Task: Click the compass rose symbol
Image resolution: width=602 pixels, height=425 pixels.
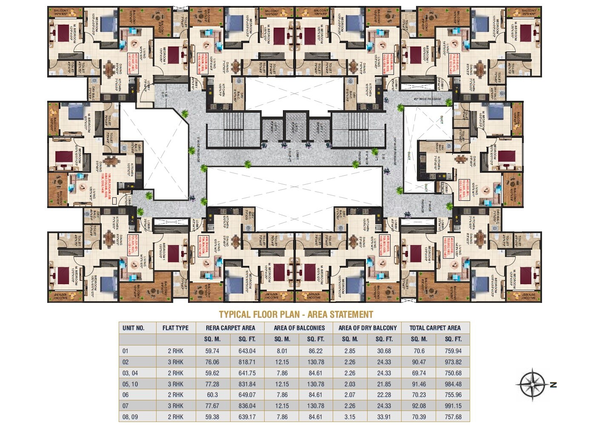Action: [x=531, y=385]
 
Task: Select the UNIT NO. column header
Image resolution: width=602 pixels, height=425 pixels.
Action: [x=134, y=328]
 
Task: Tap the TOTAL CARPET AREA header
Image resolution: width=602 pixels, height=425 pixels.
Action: [x=435, y=328]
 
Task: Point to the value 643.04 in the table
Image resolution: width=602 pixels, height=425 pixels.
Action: [x=247, y=351]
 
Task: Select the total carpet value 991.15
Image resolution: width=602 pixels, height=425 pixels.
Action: [x=453, y=406]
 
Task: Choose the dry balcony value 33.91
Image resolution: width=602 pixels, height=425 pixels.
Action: [x=384, y=417]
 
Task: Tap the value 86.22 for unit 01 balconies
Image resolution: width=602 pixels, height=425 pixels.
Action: [x=315, y=351]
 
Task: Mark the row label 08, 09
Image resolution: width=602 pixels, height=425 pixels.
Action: [x=130, y=417]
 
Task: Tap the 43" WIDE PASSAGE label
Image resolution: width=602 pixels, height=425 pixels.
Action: [x=427, y=99]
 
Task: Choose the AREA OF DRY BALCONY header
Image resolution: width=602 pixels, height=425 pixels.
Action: [x=367, y=328]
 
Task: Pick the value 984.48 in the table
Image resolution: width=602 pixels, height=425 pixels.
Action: [x=453, y=384]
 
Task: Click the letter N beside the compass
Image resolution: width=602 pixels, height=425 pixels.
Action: [x=553, y=385]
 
